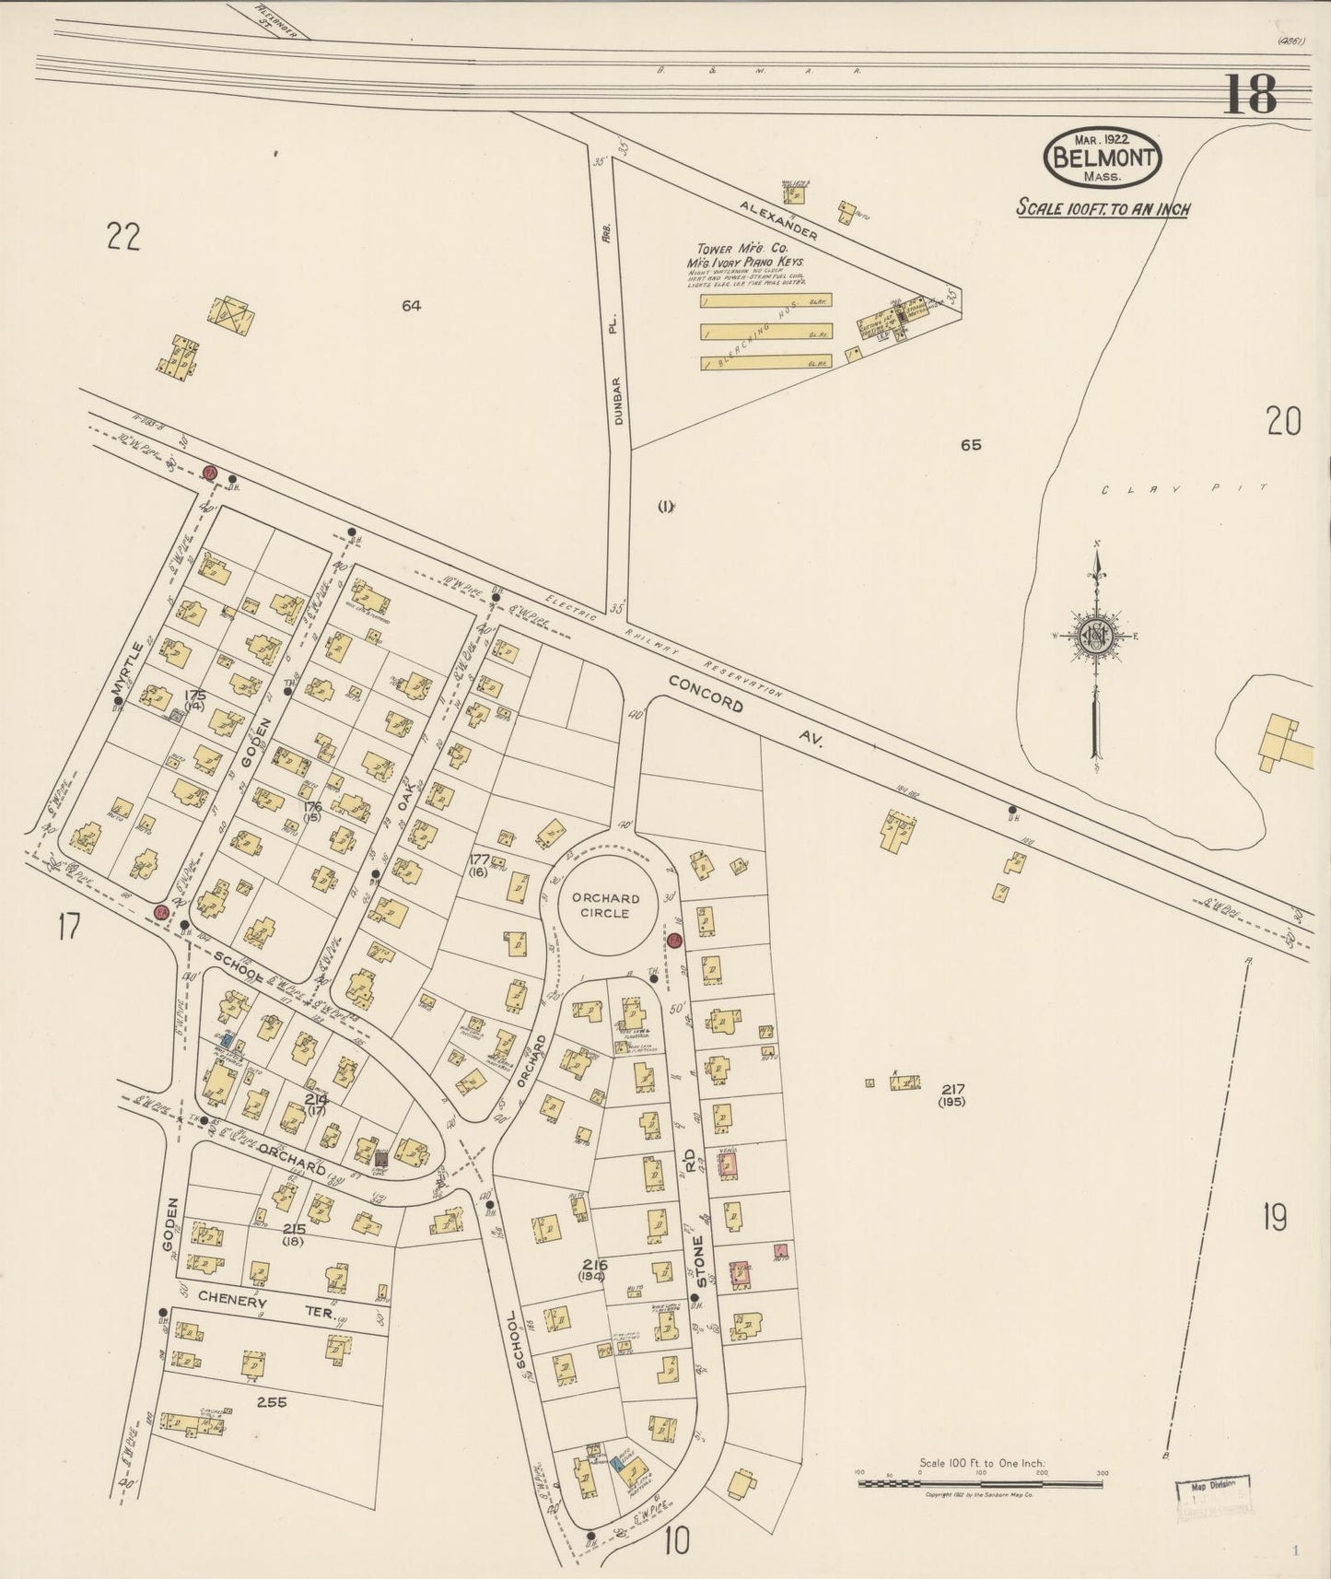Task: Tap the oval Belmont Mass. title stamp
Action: (x=1103, y=157)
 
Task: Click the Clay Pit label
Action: (x=1185, y=490)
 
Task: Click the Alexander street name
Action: (x=778, y=219)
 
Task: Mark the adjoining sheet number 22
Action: (x=123, y=238)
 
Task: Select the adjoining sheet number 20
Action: (x=1283, y=422)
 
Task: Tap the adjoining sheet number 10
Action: (x=675, y=1539)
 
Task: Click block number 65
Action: (x=970, y=445)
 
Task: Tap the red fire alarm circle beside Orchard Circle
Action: (x=674, y=941)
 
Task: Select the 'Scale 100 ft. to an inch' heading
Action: (x=1103, y=208)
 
